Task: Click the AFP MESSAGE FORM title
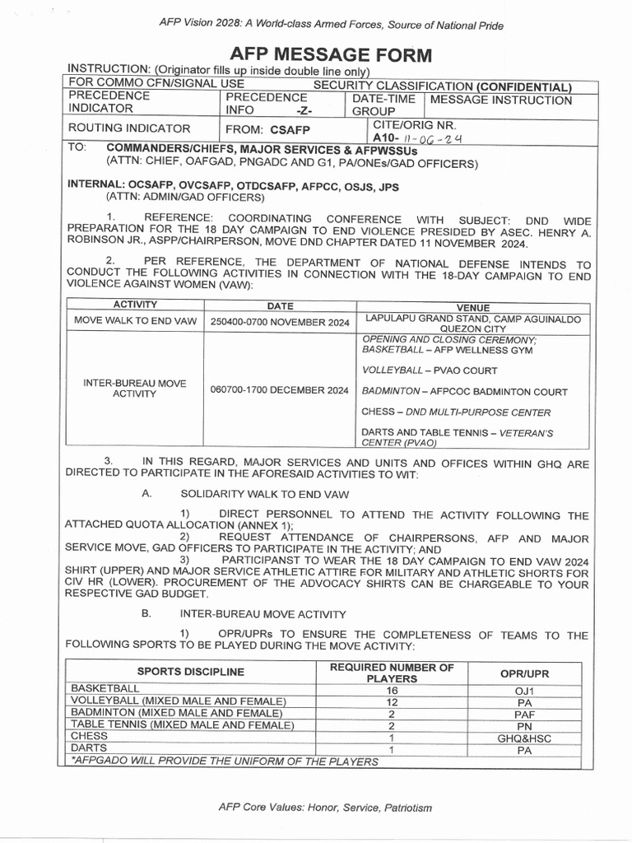point(330,55)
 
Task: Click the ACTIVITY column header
point(135,305)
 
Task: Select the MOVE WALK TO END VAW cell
point(135,319)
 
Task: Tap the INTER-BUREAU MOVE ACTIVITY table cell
point(135,389)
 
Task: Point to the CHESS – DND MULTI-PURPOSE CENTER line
point(444,412)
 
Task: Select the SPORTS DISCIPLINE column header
point(190,672)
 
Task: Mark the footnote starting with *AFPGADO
point(225,761)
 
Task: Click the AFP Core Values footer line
point(325,808)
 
